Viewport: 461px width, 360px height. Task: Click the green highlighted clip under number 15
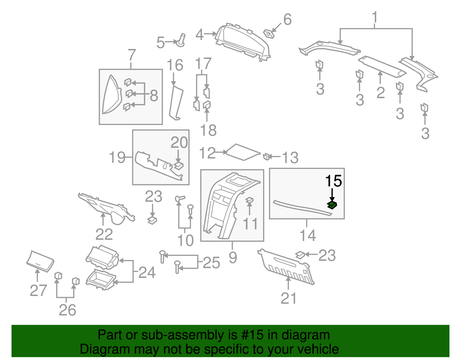(332, 205)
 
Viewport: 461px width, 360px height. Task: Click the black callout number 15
(333, 181)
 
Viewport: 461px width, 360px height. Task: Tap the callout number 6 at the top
(287, 20)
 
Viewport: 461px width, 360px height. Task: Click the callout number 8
(154, 95)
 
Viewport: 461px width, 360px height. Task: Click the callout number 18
(208, 130)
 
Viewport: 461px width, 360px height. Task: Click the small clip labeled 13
(267, 157)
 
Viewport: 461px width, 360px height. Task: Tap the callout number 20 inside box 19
(179, 142)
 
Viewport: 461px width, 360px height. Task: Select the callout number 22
(104, 234)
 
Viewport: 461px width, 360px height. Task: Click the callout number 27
(38, 290)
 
